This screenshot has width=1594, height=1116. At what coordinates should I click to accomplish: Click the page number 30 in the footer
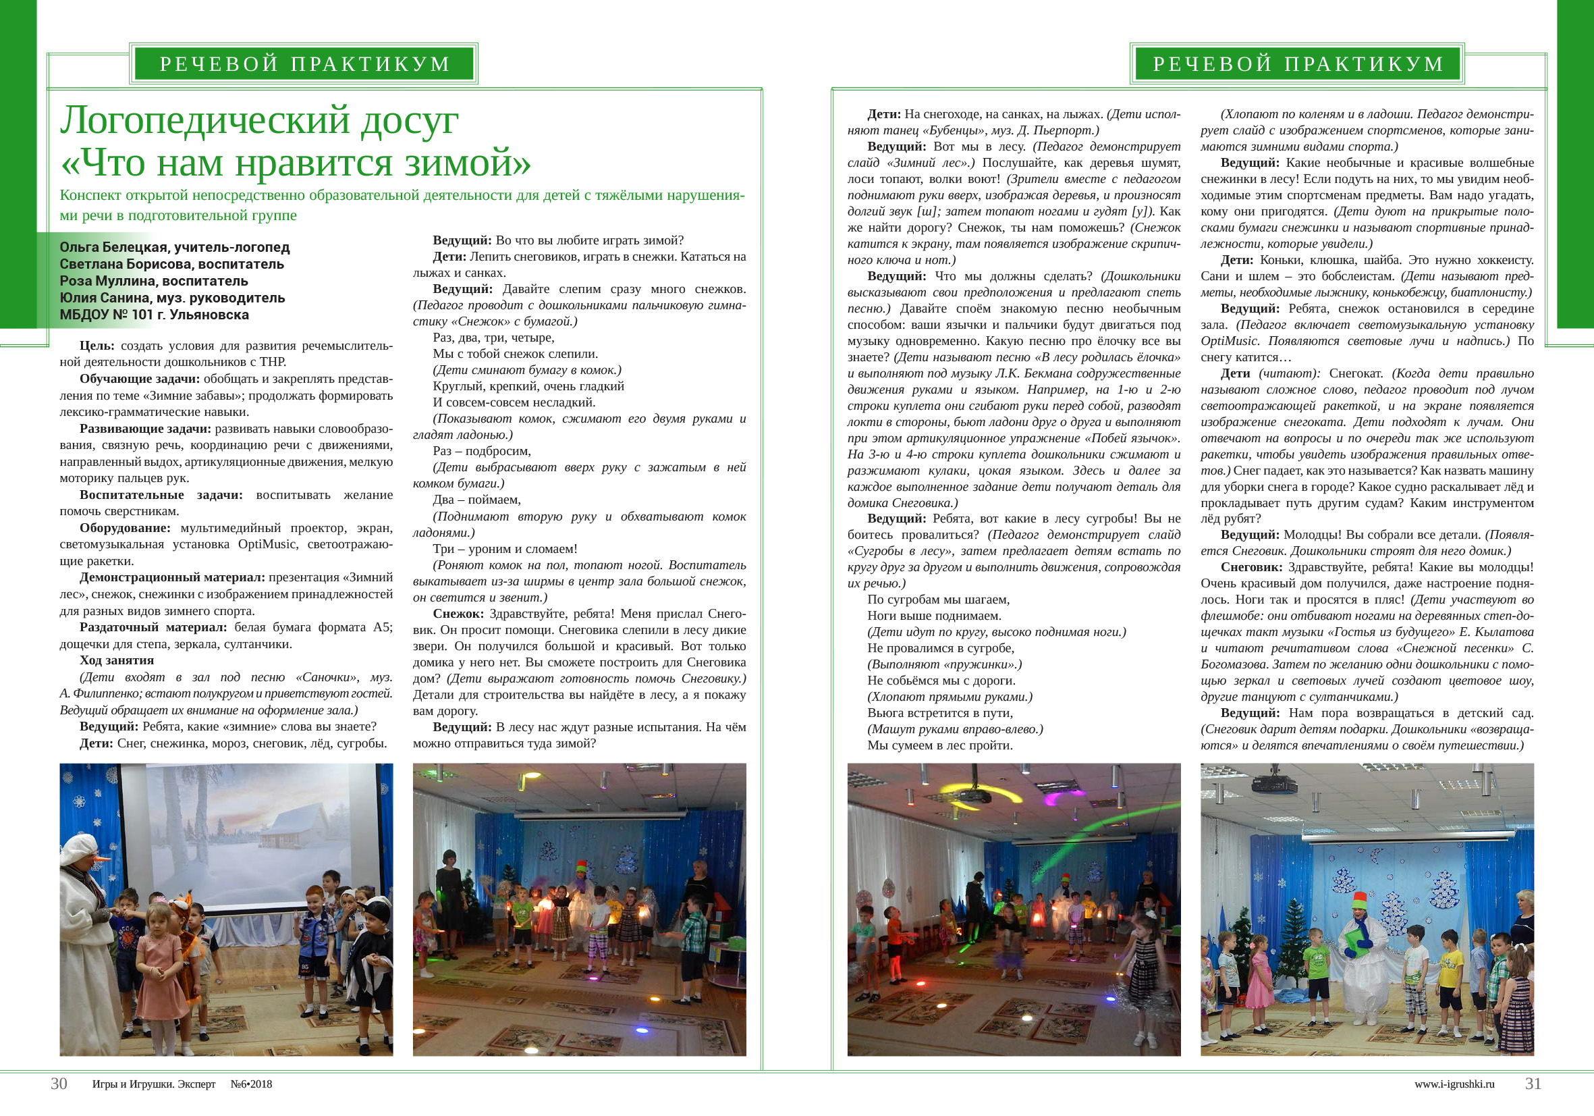point(59,1084)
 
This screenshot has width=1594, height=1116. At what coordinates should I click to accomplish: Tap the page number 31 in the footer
point(1533,1084)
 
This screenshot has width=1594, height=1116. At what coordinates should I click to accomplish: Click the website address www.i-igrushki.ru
point(1454,1084)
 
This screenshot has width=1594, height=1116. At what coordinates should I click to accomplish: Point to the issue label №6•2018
point(251,1084)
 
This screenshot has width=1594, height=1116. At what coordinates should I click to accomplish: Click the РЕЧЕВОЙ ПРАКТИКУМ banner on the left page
point(305,64)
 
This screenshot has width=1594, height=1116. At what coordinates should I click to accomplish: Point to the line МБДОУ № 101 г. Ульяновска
point(154,315)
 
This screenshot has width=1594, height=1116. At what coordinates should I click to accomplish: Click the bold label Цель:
point(97,346)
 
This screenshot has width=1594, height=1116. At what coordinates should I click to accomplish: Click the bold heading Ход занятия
point(117,660)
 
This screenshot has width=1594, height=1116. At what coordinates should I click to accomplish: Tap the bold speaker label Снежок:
point(458,614)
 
